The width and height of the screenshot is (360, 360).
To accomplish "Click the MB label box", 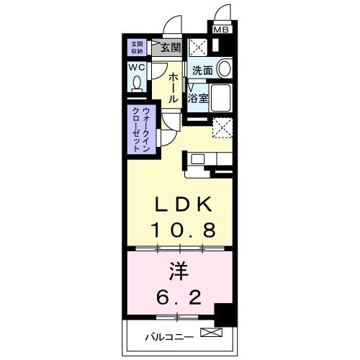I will coord(222,30).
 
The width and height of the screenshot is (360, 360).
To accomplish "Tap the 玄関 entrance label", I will coord(171,49).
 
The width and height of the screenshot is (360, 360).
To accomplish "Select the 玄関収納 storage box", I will coord(136,48).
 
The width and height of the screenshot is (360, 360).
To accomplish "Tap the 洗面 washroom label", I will coord(202,71).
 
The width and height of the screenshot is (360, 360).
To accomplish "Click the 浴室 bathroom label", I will coord(199,96).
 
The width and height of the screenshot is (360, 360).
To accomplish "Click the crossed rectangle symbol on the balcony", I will coord(212,333).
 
